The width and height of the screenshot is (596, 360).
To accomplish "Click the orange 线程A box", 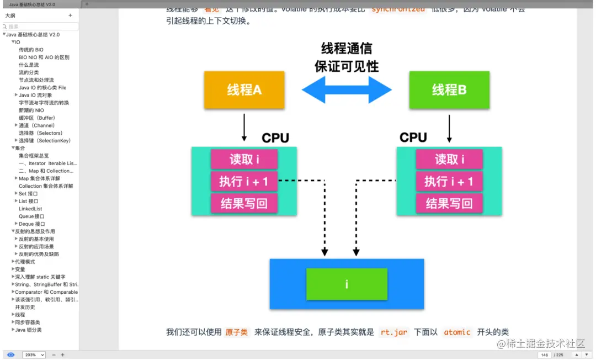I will [x=244, y=89].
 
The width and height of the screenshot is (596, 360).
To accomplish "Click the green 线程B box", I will [x=449, y=89].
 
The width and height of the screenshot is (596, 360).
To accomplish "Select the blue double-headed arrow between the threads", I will [x=347, y=89].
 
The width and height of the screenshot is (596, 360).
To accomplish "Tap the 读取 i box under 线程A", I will [x=244, y=160].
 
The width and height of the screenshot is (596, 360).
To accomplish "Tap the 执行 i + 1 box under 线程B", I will [x=449, y=181].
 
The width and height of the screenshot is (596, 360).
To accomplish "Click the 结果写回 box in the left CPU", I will [x=244, y=203].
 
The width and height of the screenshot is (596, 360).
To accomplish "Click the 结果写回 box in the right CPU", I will [x=449, y=203].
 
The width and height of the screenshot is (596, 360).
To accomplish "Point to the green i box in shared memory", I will [x=347, y=284].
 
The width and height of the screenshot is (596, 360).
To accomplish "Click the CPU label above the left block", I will [x=275, y=138].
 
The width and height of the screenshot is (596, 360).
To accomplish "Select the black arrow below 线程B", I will [x=449, y=128].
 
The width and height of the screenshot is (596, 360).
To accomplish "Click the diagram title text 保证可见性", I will [x=347, y=66].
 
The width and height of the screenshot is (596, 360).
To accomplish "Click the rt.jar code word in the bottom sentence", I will [x=394, y=332].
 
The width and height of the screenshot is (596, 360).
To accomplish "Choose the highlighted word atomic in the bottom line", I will [x=457, y=332].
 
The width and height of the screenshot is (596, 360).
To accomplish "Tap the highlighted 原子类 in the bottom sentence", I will [x=237, y=332].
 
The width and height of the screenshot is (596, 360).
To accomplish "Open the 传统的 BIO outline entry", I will [x=31, y=50].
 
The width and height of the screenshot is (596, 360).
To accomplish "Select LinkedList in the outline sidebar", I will [x=30, y=209].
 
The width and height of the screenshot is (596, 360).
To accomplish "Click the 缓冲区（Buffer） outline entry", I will [x=37, y=118].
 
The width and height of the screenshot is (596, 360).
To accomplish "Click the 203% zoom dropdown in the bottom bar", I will [x=34, y=354].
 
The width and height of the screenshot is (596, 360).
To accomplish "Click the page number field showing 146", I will [x=545, y=354].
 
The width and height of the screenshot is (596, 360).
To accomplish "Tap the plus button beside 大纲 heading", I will [x=70, y=15].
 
